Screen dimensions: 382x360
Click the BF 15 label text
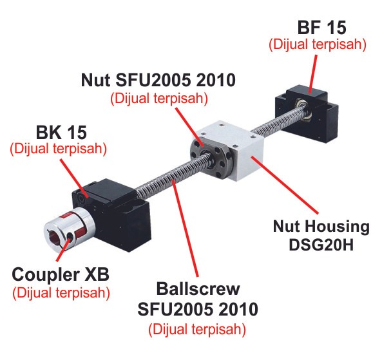(x=322, y=28)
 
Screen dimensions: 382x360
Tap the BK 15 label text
(x=61, y=133)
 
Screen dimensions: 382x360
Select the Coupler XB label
(x=61, y=274)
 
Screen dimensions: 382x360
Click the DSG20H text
(x=321, y=245)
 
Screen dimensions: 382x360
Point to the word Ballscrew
(x=198, y=289)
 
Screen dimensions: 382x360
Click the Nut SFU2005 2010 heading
(x=158, y=80)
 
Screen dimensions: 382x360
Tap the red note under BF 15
(x=318, y=44)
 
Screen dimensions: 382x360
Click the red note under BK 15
(x=58, y=149)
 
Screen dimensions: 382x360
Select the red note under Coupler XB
(x=61, y=292)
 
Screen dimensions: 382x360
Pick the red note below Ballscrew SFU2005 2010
(x=197, y=329)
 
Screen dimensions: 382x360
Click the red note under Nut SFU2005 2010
(x=159, y=99)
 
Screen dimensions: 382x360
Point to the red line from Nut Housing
(x=285, y=185)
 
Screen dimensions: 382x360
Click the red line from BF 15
(x=313, y=74)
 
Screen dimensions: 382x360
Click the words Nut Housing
(x=321, y=227)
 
